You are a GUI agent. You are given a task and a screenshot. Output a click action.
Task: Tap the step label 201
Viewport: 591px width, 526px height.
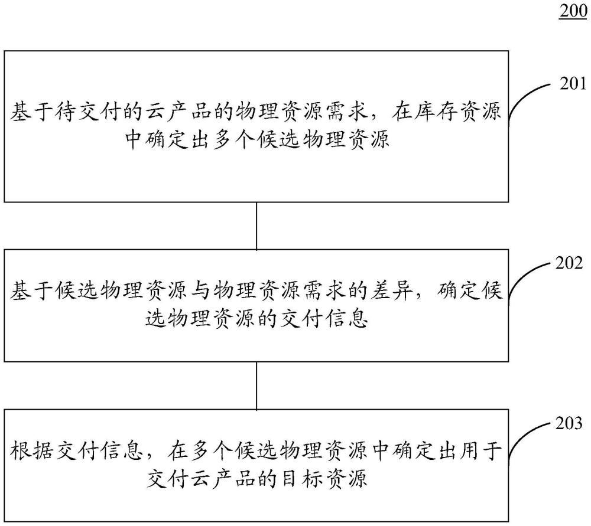(x=573, y=84)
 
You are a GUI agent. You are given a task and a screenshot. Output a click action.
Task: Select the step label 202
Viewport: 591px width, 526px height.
(x=573, y=263)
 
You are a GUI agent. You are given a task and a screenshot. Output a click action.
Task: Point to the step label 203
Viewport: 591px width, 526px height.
(x=573, y=423)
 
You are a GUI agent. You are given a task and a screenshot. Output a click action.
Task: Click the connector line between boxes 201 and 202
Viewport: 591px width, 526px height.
(x=256, y=226)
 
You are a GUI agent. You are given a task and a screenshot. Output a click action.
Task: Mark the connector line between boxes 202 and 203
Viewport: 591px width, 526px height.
(x=256, y=385)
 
